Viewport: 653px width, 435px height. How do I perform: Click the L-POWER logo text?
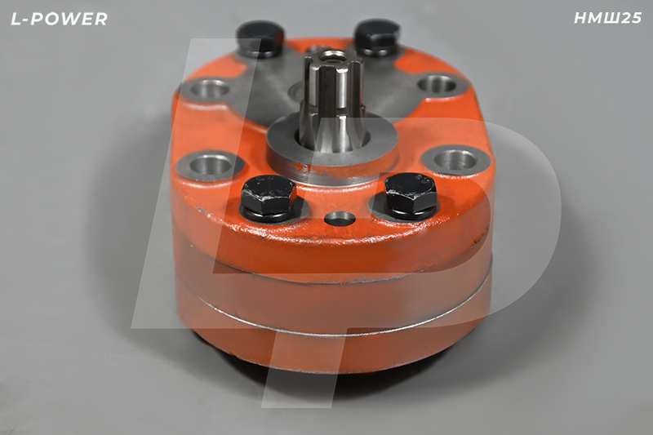59,19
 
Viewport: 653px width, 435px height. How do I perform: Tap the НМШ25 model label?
607,18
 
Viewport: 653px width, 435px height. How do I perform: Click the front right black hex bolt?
411,193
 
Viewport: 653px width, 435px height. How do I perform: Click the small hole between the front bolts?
340,219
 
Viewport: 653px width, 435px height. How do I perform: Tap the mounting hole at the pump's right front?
455,160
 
